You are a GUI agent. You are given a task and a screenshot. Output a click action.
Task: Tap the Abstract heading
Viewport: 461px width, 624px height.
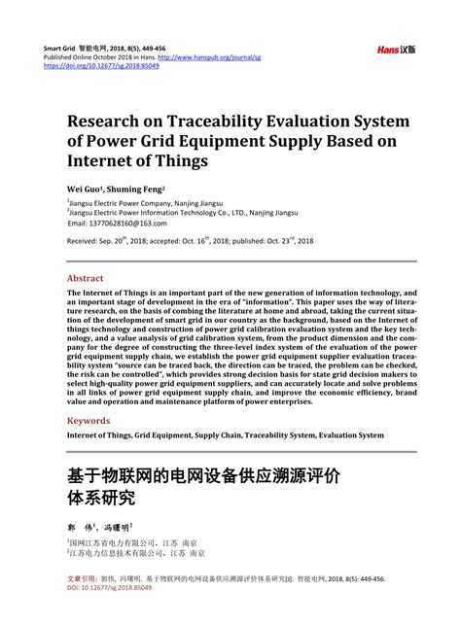pyautogui.click(x=86, y=277)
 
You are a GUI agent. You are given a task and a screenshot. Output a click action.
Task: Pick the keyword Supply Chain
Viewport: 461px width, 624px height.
pyautogui.click(x=230, y=436)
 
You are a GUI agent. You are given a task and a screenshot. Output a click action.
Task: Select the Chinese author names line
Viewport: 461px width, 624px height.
pyautogui.click(x=106, y=526)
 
